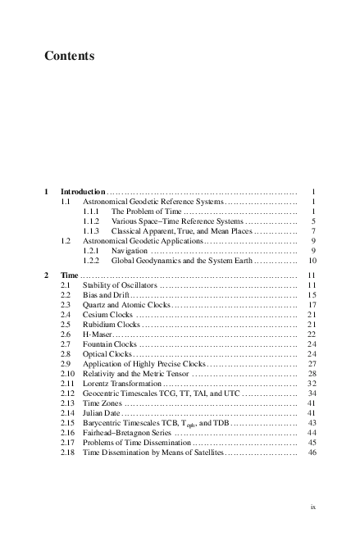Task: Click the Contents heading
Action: (x=70, y=57)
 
